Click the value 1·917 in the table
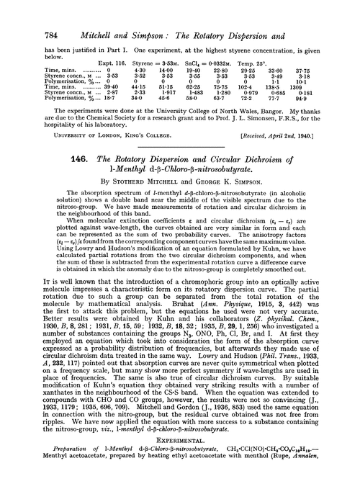168,73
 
